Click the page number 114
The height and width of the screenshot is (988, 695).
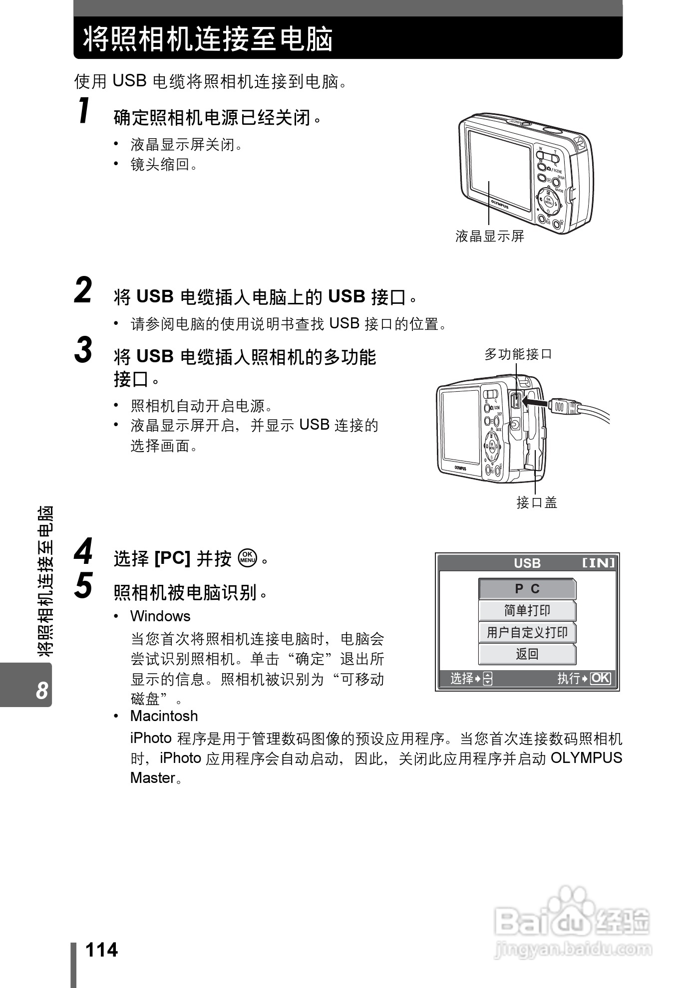tap(102, 950)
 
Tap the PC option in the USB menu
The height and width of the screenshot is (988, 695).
tap(527, 589)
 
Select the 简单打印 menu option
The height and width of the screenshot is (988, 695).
tap(527, 611)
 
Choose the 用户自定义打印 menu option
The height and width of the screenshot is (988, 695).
tap(527, 633)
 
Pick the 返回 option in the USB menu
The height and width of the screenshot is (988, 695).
tap(527, 654)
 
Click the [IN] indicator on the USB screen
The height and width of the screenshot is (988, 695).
tap(599, 563)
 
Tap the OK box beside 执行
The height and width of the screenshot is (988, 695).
tap(600, 678)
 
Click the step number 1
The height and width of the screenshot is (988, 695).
tap(84, 111)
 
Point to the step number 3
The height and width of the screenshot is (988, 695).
tap(83, 350)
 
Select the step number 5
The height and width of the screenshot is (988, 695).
tap(83, 585)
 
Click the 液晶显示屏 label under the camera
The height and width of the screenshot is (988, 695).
tap(490, 237)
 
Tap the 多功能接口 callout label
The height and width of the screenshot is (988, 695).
tap(518, 355)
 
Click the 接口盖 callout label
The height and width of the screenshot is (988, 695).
tap(537, 502)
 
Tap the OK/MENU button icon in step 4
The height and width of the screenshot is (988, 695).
tap(248, 558)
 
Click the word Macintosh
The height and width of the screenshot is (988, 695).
tap(164, 716)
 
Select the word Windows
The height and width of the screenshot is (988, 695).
tap(160, 616)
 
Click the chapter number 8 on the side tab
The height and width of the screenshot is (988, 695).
tap(42, 691)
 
